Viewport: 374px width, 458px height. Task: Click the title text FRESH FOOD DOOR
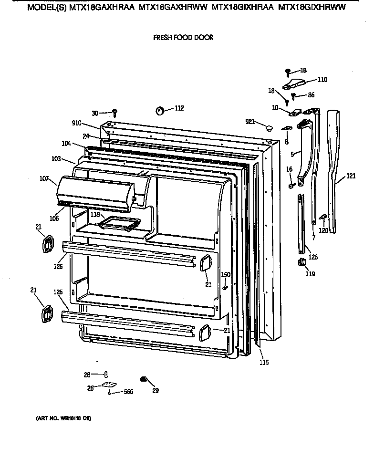183,37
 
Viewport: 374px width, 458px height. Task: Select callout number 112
179,108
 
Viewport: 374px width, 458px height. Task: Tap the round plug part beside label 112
159,111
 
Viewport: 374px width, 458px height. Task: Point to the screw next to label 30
114,113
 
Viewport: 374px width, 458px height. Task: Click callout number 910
76,123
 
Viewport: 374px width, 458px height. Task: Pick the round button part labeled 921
269,127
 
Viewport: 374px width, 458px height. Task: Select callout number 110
322,80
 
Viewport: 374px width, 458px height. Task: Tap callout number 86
311,95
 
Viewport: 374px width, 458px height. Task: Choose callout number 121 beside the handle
351,176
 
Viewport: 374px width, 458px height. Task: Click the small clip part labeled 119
301,262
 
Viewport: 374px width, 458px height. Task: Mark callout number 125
313,257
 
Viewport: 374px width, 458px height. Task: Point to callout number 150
225,274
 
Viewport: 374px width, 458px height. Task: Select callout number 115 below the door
264,363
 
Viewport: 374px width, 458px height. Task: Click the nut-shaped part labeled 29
142,379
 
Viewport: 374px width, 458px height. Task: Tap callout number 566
128,392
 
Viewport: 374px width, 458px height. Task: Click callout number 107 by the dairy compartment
44,179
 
